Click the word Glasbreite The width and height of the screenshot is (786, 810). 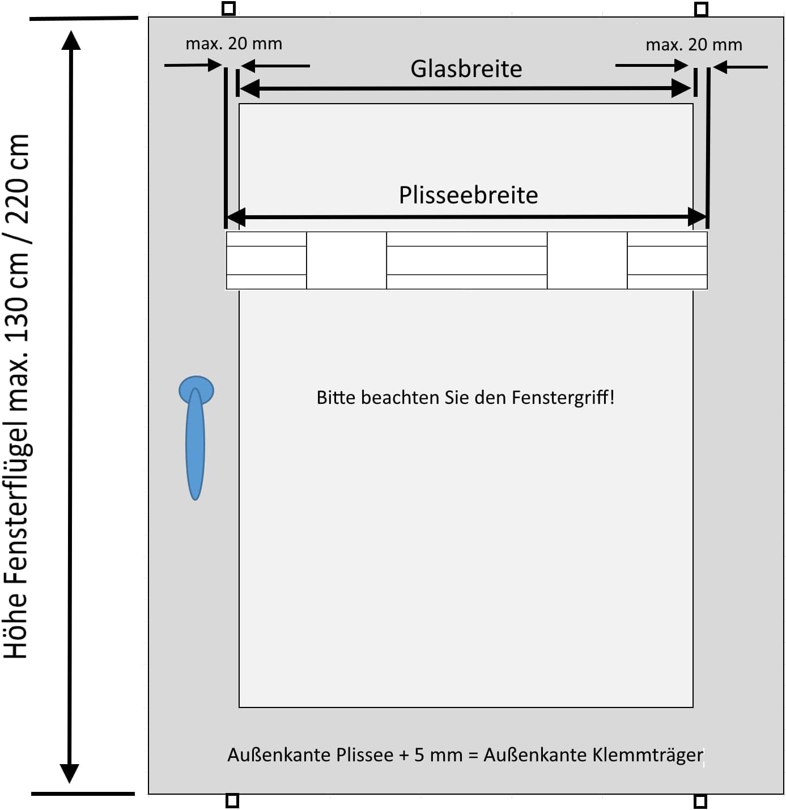click(466, 69)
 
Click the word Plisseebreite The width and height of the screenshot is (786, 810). click(468, 195)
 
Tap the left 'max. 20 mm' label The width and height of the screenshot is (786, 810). click(233, 44)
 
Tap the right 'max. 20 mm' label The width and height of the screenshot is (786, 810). click(694, 45)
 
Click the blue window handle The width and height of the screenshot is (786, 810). click(196, 436)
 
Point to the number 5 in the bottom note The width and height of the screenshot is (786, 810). click(419, 755)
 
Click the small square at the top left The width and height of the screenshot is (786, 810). click(228, 8)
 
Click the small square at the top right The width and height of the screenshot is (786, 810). click(701, 9)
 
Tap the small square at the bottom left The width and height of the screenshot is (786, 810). click(232, 800)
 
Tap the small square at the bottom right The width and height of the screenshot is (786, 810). click(700, 801)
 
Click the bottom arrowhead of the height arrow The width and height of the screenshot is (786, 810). click(69, 773)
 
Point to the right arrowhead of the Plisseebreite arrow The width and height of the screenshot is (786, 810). click(697, 216)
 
